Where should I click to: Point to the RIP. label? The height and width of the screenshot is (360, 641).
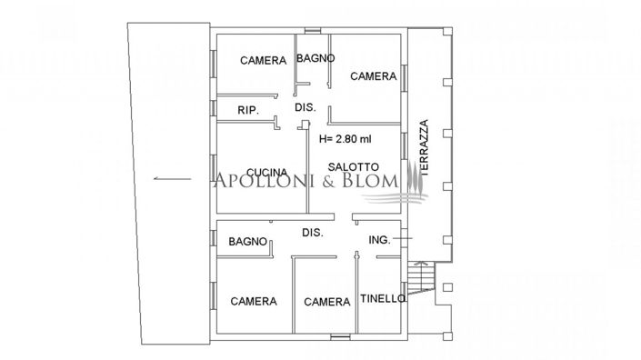click(x=247, y=110)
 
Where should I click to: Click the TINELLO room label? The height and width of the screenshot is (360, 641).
click(x=383, y=299)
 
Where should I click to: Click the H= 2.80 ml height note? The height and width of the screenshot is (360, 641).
click(x=346, y=140)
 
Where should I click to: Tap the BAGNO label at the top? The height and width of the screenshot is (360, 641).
click(x=315, y=58)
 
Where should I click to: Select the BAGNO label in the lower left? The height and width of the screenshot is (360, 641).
click(x=247, y=242)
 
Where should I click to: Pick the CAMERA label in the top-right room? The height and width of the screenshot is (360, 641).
click(x=374, y=76)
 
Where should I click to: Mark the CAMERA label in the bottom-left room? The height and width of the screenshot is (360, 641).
click(x=253, y=301)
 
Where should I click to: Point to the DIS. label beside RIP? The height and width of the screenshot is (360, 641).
click(x=305, y=107)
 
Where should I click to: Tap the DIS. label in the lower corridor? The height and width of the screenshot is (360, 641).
click(x=313, y=234)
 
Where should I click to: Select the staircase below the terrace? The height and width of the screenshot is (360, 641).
click(x=421, y=275)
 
